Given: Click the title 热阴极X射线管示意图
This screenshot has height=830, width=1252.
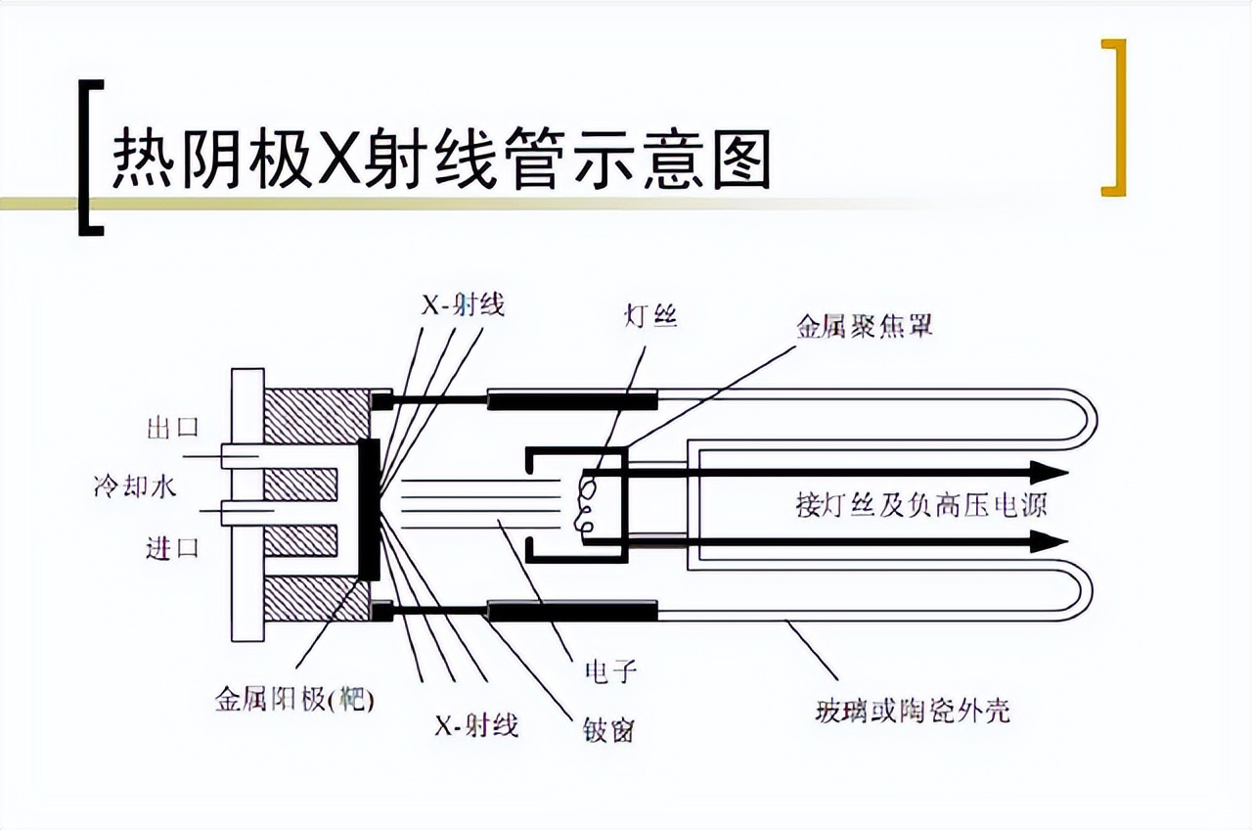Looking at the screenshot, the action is (441, 159).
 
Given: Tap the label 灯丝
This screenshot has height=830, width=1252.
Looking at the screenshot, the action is (650, 316).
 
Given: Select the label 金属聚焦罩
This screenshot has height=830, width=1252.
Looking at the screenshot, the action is (865, 326).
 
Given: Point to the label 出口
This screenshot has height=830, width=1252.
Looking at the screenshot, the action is (173, 428).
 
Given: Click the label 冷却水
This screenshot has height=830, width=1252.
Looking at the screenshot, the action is (135, 486).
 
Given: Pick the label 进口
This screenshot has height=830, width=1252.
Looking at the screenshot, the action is (173, 547).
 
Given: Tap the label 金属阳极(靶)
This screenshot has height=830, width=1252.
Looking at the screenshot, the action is (294, 699).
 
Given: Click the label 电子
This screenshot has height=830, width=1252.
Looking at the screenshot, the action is (610, 671).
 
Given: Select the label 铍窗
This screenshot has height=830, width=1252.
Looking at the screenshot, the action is (608, 730).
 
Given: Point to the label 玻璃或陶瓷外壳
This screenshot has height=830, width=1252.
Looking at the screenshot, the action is (913, 711).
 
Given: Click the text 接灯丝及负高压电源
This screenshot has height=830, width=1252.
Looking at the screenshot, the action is (921, 505).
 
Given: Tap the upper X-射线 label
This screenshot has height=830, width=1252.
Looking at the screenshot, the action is (463, 305).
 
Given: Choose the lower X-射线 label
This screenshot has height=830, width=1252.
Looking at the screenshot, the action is (476, 726).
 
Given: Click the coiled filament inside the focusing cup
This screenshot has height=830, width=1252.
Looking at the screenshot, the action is (584, 506).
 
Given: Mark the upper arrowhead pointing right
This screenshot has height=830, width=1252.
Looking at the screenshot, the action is (1050, 473).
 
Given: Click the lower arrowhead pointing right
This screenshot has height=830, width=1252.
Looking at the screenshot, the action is (1049, 541).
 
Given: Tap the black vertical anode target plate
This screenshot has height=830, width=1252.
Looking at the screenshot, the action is (369, 509).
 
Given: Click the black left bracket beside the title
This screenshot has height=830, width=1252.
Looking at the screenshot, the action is (90, 158).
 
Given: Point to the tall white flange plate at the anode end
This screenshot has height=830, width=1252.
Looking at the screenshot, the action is (247, 504).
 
